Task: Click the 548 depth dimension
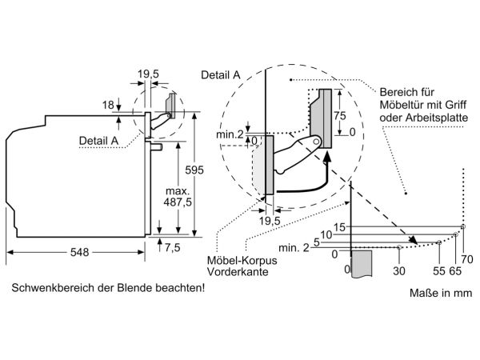pos(79,252)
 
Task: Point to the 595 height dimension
pos(194,170)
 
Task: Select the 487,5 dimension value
pos(178,202)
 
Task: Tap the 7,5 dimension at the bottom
pos(173,247)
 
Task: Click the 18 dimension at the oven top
pos(108,105)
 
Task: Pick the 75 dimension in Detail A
pos(339,116)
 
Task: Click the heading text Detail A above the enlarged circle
pos(221,75)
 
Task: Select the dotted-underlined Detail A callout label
pos(98,141)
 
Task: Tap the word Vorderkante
pos(238,272)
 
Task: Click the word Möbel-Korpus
pos(242,261)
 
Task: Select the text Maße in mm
pos(441,293)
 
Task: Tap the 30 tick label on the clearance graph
pos(399,271)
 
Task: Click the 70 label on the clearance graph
pos(467,259)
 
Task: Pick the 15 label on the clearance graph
pos(339,227)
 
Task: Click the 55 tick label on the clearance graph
pos(439,271)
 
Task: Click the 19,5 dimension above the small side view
pos(148,74)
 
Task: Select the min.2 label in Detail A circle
pos(230,134)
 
